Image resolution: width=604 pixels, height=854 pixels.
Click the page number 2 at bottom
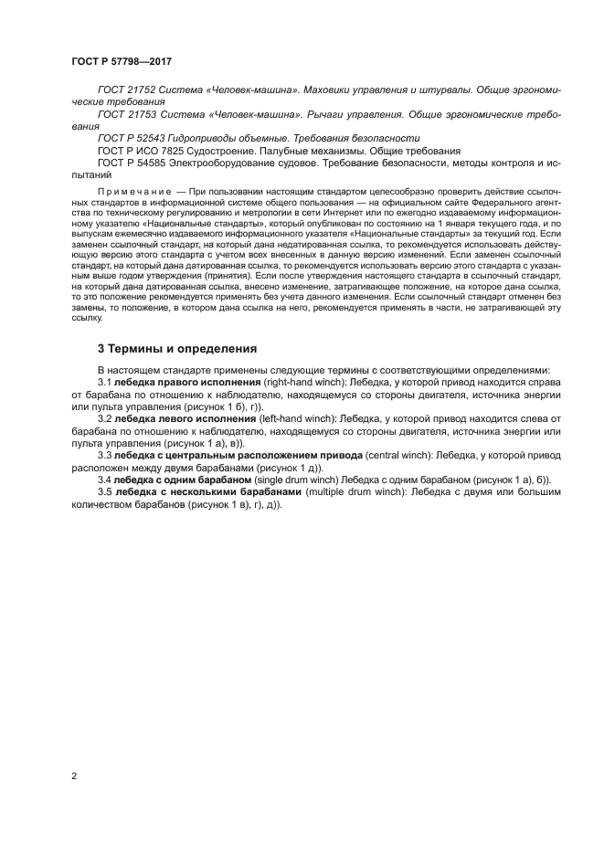pyautogui.click(x=73, y=775)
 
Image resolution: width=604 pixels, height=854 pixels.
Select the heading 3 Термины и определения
pyautogui.click(x=177, y=348)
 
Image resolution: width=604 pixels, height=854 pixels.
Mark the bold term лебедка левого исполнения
pyautogui.click(x=185, y=418)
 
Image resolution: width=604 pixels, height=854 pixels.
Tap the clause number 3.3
pyautogui.click(x=104, y=454)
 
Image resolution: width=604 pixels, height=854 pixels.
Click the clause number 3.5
pyautogui.click(x=104, y=491)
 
